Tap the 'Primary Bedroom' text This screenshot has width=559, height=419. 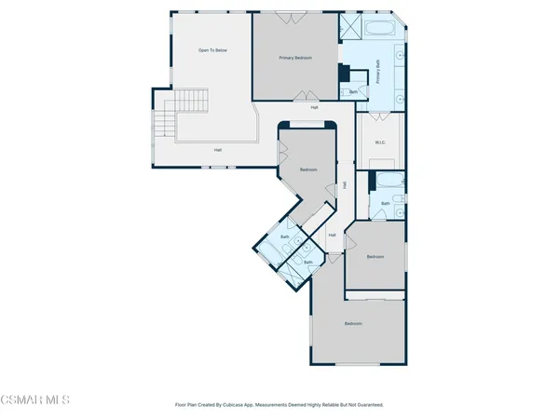pos(295,58)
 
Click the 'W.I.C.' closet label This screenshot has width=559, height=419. pos(380,142)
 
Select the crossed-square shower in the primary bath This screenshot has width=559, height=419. pos(350,26)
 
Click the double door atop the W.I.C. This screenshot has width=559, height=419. pos(379,117)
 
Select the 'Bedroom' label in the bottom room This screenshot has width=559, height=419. pos(353,323)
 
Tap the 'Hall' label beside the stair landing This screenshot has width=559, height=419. pos(218,150)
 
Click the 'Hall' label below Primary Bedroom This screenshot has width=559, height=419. pos(314,106)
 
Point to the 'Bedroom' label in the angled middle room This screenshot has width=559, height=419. pos(308,170)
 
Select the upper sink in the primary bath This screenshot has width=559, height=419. pos(400,56)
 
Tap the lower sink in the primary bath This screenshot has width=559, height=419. pos(400,96)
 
